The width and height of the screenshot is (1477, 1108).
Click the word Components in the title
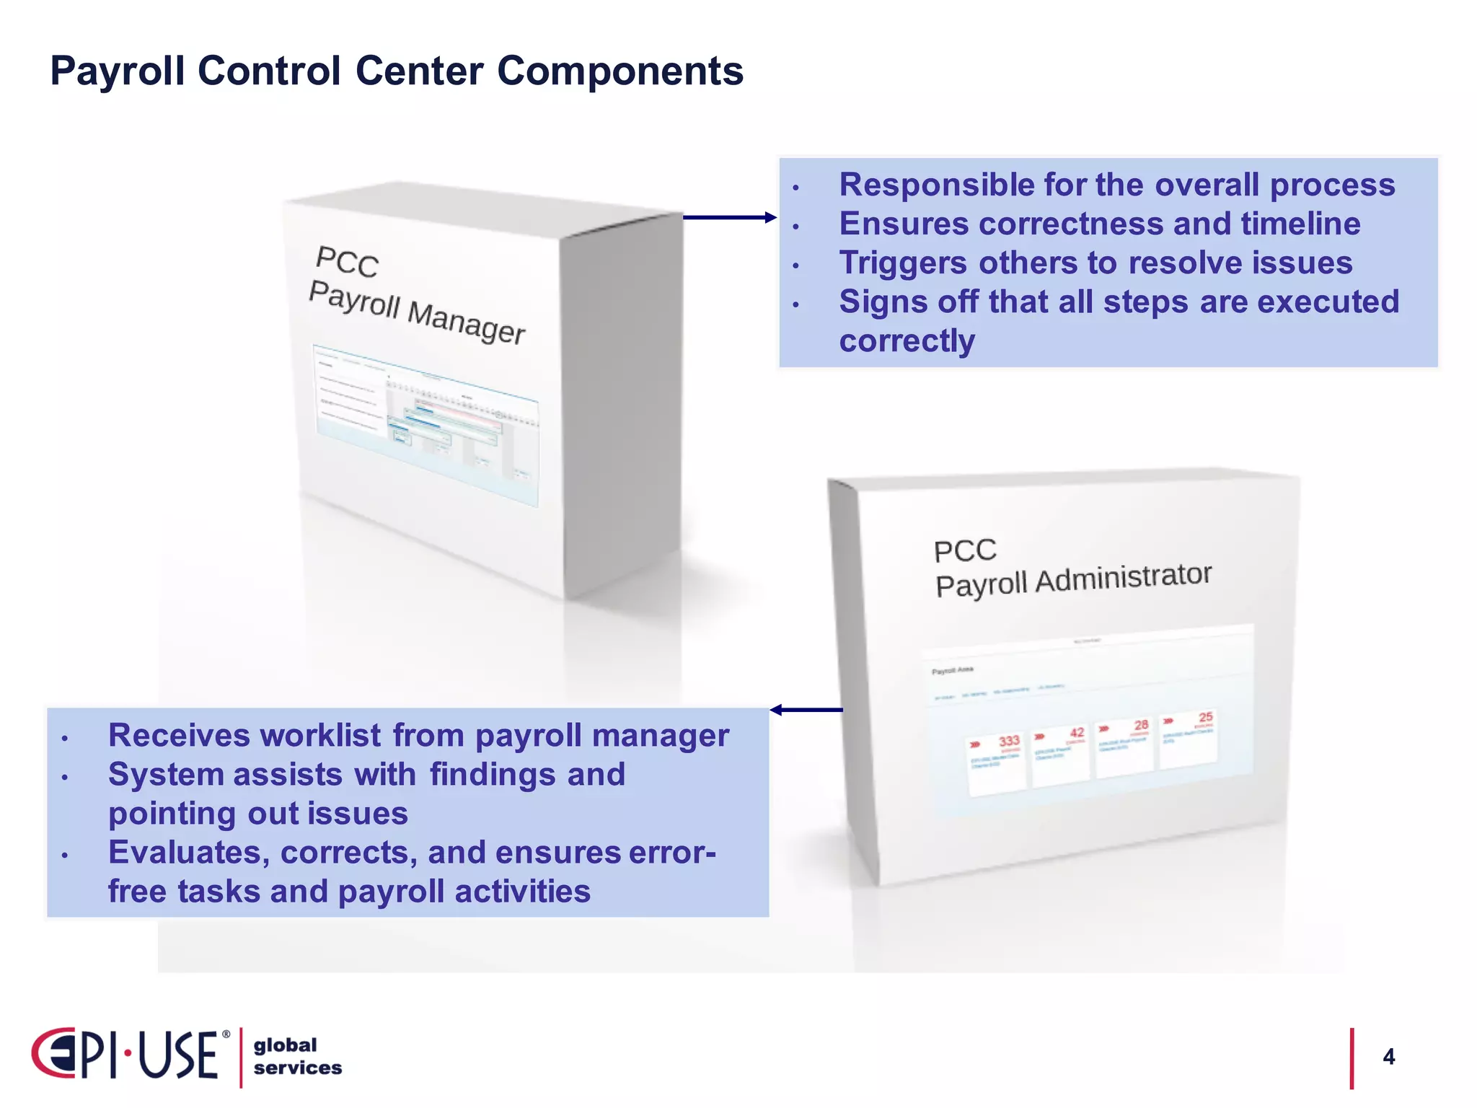coord(620,71)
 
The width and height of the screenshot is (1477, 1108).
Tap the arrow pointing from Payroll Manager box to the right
coord(728,217)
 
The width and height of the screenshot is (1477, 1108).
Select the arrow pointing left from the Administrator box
coord(806,710)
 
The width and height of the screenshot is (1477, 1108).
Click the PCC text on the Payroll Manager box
coord(347,261)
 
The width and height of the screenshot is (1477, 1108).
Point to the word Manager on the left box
coord(466,322)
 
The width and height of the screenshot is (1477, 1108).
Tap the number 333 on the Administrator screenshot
coord(1008,741)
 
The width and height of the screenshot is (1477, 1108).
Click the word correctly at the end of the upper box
coord(907,340)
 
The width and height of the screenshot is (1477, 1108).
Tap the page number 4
coord(1388,1057)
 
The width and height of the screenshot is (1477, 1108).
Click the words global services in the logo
coord(296,1057)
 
